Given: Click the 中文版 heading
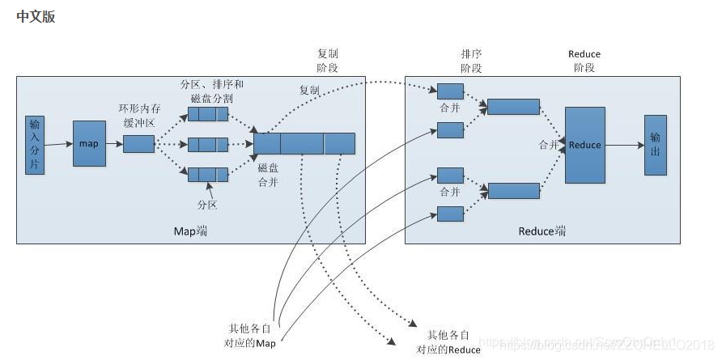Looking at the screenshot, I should (36, 17).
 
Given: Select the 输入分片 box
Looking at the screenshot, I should (34, 145).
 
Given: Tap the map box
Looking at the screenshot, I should (89, 144).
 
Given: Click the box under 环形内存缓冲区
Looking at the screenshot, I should (138, 144).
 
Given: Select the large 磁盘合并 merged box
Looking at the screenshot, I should (304, 144).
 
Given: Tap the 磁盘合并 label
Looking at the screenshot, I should (269, 175).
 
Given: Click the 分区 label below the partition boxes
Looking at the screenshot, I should (207, 205).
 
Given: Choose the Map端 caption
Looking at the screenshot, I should (190, 231).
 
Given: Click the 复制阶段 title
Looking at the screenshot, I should (328, 61).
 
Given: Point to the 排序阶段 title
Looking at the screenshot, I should (471, 61).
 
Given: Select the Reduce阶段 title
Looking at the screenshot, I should (584, 61).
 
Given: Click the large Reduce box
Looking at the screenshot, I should (584, 145).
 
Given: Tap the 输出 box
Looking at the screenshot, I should (655, 145).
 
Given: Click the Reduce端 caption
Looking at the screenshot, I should (541, 231).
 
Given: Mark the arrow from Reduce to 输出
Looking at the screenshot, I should (624, 146).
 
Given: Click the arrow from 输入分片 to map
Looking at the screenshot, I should (58, 144).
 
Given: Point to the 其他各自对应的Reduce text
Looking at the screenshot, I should (448, 342).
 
